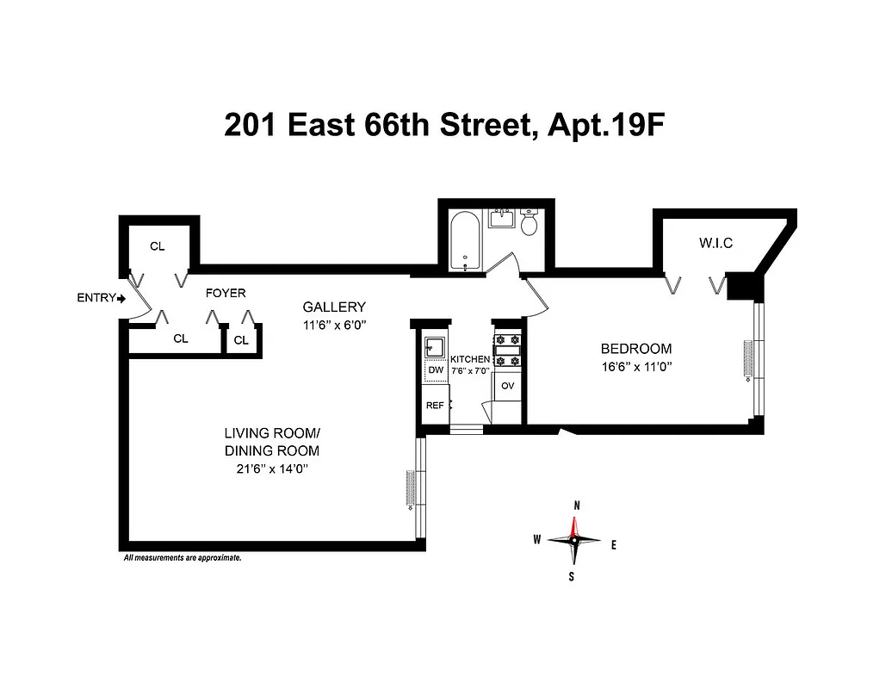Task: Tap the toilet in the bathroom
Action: pyautogui.click(x=530, y=224)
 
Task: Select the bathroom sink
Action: pyautogui.click(x=502, y=217)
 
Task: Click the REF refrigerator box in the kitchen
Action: pyautogui.click(x=435, y=406)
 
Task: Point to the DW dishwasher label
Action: pyautogui.click(x=435, y=370)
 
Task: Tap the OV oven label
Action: pyautogui.click(x=508, y=385)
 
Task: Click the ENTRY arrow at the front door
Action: pyautogui.click(x=121, y=299)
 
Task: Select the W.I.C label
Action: pyautogui.click(x=715, y=244)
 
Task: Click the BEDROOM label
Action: pyautogui.click(x=635, y=349)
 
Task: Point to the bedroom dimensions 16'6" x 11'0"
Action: pyautogui.click(x=635, y=365)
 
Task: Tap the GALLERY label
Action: pyautogui.click(x=334, y=307)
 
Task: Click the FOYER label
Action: pyautogui.click(x=226, y=293)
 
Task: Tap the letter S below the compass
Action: pyautogui.click(x=572, y=576)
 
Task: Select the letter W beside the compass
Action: pyautogui.click(x=537, y=540)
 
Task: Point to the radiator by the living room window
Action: pyautogui.click(x=411, y=490)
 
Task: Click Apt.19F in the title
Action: pyautogui.click(x=602, y=126)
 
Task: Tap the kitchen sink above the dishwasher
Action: pyautogui.click(x=434, y=349)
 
